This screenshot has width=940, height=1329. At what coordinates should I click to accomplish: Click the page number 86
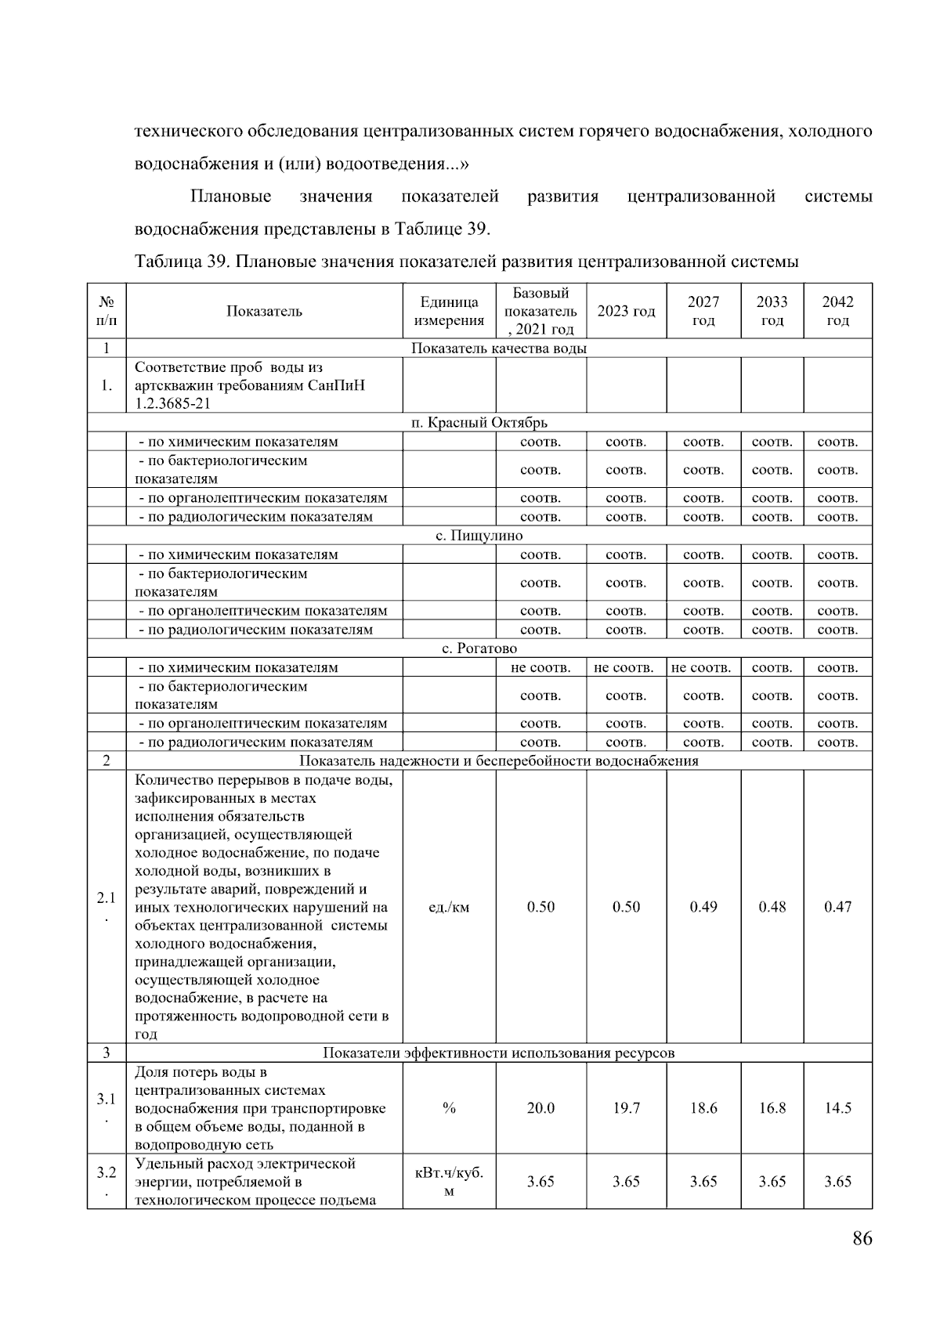(x=862, y=1238)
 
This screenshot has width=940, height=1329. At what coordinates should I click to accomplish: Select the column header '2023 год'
(x=626, y=311)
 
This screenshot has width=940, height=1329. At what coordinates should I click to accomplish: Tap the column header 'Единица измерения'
(x=449, y=311)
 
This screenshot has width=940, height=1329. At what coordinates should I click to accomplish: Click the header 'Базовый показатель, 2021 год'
(x=540, y=311)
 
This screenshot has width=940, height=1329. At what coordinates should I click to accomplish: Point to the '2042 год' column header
(x=837, y=311)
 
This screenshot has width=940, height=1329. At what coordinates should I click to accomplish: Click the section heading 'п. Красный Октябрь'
(x=479, y=423)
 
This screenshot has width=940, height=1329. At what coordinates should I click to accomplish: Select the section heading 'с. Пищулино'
(x=479, y=536)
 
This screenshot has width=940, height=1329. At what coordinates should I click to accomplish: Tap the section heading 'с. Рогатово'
(x=479, y=648)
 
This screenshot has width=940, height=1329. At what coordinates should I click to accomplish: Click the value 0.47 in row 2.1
(x=837, y=907)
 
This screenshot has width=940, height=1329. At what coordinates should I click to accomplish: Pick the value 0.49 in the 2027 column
(x=703, y=907)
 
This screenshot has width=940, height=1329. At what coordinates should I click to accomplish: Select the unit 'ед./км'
(x=449, y=908)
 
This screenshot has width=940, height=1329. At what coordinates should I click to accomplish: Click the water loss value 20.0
(x=540, y=1108)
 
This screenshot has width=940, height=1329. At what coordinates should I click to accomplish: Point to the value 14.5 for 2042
(x=837, y=1108)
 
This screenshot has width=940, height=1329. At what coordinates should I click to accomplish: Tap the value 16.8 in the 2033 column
(x=772, y=1108)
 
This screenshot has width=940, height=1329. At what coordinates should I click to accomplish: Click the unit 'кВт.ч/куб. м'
(x=449, y=1182)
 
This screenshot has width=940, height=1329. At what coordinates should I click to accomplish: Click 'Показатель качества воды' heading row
(x=498, y=349)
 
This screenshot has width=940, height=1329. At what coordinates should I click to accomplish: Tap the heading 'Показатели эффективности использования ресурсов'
(x=498, y=1053)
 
